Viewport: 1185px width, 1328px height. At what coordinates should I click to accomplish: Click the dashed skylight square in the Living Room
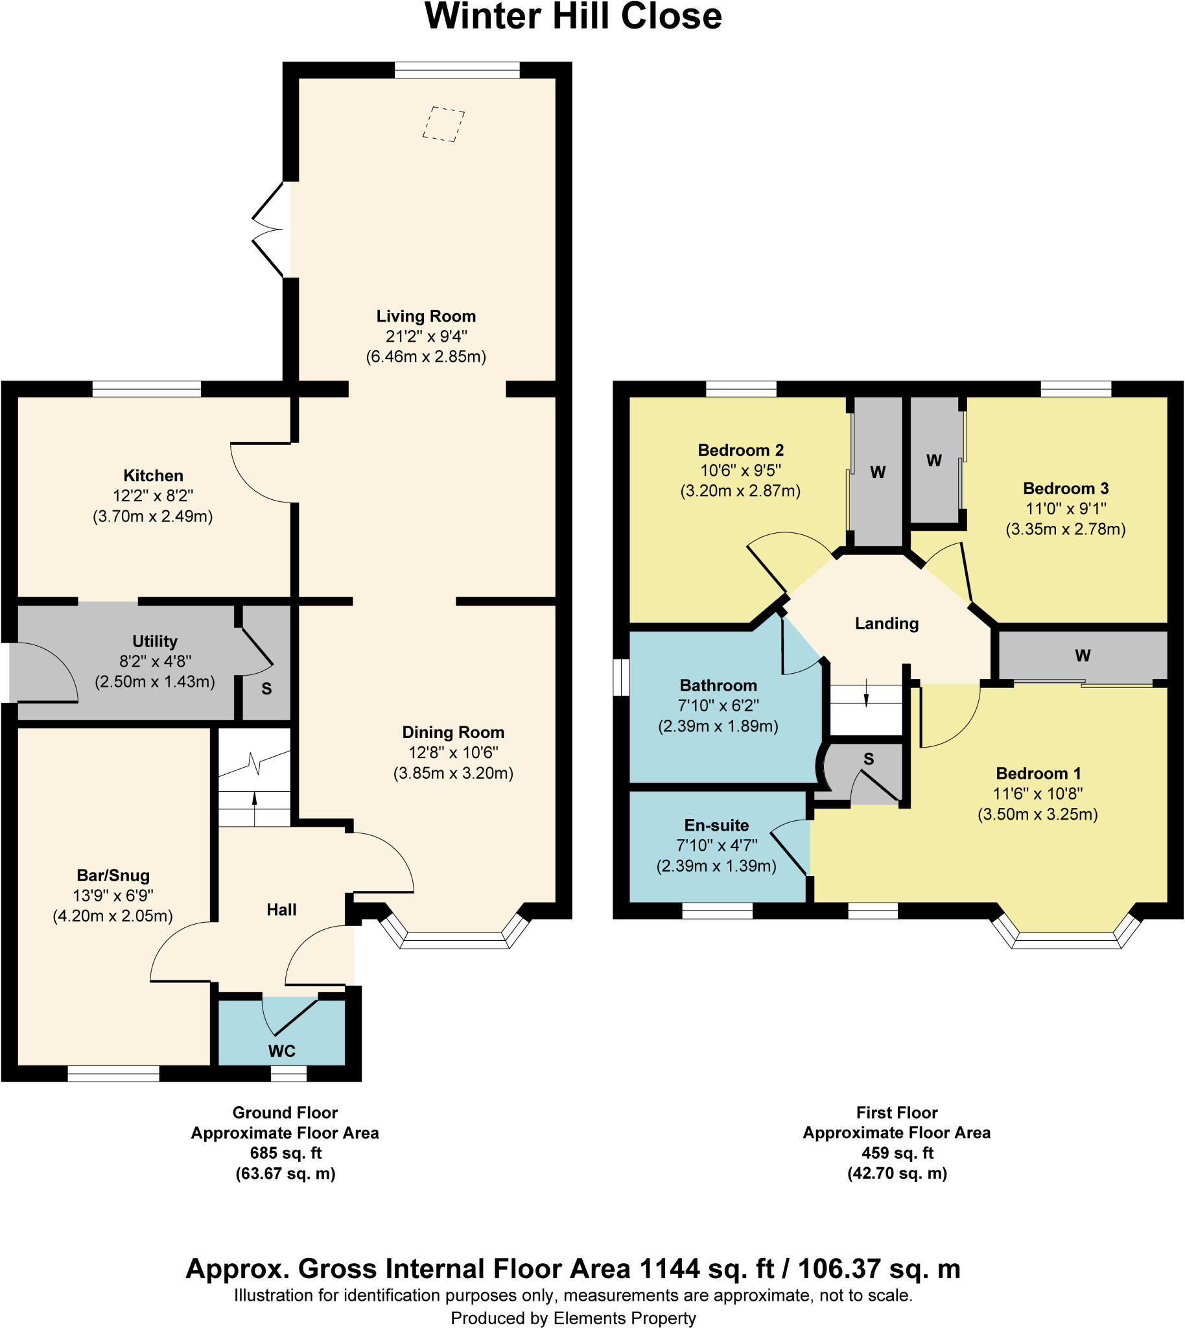point(443,124)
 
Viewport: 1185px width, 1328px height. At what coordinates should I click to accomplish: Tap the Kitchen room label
point(153,475)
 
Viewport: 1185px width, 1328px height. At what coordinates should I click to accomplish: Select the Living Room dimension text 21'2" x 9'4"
point(427,336)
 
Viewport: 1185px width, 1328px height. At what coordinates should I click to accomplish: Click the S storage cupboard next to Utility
point(266,689)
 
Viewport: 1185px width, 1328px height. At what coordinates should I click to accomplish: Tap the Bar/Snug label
point(113,875)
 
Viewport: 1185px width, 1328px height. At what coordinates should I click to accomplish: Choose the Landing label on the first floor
point(886,623)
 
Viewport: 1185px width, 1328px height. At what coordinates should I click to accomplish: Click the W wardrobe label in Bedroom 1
point(1082,655)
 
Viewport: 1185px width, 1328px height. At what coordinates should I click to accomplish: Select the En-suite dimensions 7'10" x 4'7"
point(716,846)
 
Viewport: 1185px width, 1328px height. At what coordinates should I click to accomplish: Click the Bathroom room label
point(718,685)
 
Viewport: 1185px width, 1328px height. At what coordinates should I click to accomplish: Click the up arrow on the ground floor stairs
point(254,801)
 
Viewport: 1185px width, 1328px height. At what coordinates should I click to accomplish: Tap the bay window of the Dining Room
point(454,938)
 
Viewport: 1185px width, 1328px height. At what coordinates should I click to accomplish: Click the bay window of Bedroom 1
point(1065,938)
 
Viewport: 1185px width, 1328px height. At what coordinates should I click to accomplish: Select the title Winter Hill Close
point(573,17)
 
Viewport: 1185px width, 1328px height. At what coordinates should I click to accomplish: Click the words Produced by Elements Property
point(573,1318)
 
